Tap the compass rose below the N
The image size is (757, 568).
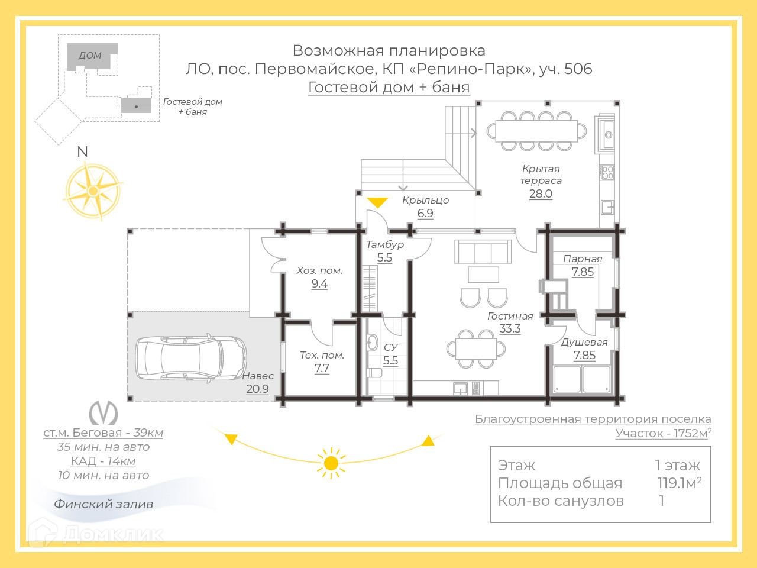point(93,191)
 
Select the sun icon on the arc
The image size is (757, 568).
point(331,463)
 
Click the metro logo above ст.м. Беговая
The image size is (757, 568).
point(103,412)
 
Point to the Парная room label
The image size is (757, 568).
point(583,259)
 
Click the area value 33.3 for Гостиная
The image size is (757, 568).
point(510,329)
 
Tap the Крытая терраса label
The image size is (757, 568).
point(541,175)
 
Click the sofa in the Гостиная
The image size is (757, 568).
point(483,252)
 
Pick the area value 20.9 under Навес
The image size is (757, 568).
point(257,389)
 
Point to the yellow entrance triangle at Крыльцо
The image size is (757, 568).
point(377,202)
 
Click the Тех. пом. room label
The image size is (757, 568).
point(322,355)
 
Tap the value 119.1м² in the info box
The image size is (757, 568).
point(679,483)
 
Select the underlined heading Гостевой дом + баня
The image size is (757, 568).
point(389,87)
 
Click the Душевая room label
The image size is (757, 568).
point(584,342)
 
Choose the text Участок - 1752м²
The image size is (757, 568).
point(663,433)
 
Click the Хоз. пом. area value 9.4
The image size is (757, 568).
point(319,283)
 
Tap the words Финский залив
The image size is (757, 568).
point(103,504)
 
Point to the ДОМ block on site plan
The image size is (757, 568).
point(90,56)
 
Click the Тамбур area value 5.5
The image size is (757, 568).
point(384,257)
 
